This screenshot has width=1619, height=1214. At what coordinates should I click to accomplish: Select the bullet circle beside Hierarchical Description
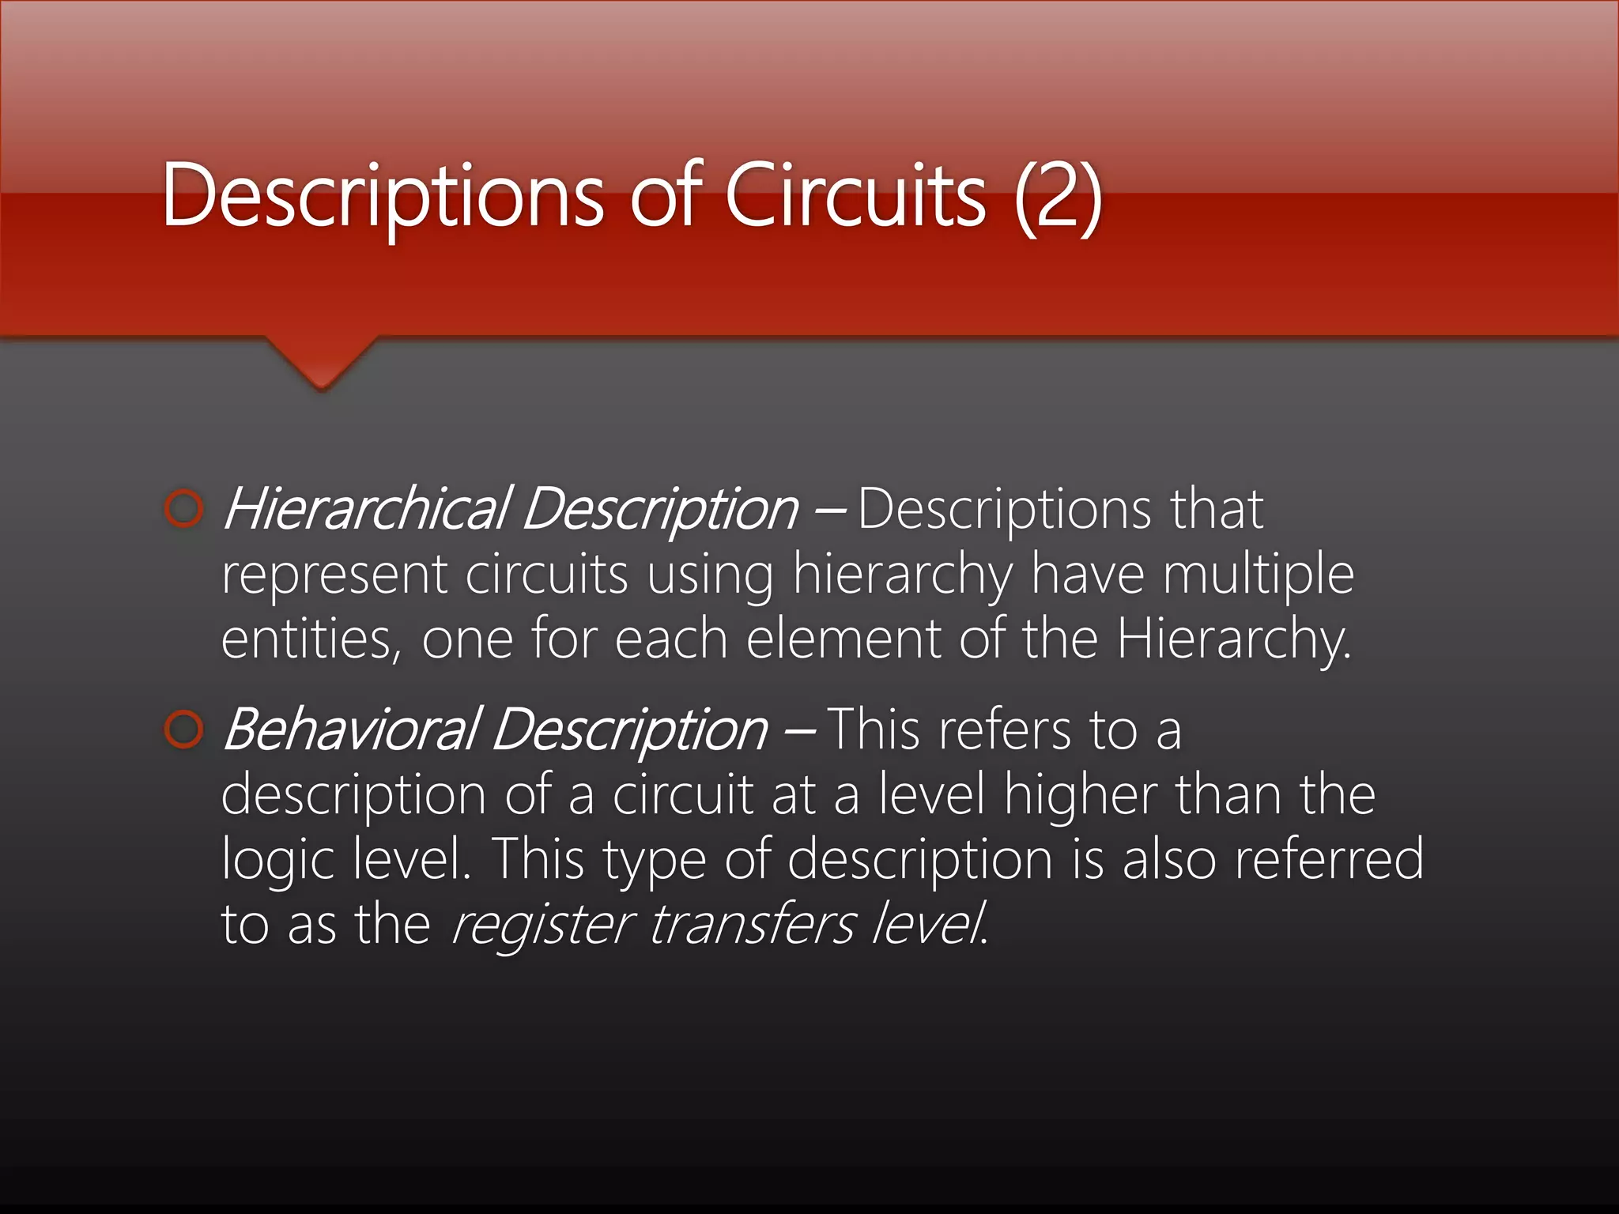(184, 509)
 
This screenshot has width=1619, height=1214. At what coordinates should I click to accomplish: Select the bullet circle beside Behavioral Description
(184, 730)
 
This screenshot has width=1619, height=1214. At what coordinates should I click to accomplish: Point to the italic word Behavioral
(352, 730)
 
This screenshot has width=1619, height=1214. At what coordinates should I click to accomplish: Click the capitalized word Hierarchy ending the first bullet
(1233, 640)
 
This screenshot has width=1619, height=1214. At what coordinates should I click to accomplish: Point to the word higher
(1080, 794)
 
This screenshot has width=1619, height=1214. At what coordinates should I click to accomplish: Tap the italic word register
(541, 925)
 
